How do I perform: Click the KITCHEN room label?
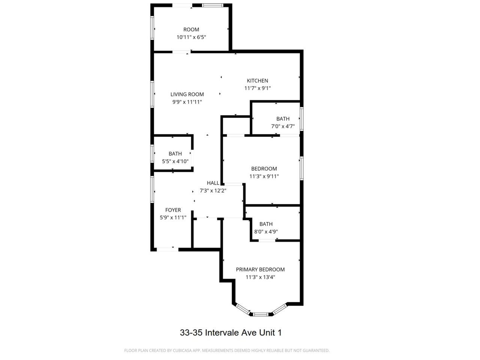point(257,81)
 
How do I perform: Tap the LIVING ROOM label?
point(187,94)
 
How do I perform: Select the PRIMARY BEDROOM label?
point(260,270)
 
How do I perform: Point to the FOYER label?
point(173,210)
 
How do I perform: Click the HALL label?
point(213,183)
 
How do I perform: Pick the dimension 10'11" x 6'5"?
point(191,37)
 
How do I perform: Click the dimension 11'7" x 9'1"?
point(258,88)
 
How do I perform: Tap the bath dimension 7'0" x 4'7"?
point(283,126)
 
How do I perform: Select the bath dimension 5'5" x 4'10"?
point(175,161)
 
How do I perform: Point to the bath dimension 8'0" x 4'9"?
point(266,232)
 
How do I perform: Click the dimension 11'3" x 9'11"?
point(264,176)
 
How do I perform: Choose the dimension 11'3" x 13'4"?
point(260,277)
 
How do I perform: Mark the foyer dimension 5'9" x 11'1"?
point(173,217)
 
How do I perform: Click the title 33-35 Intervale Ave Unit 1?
point(231,333)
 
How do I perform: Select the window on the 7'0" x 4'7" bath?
point(301,118)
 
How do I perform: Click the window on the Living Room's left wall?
point(152,94)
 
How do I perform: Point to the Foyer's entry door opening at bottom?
point(167,249)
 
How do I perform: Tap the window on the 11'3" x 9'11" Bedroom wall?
point(301,169)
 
